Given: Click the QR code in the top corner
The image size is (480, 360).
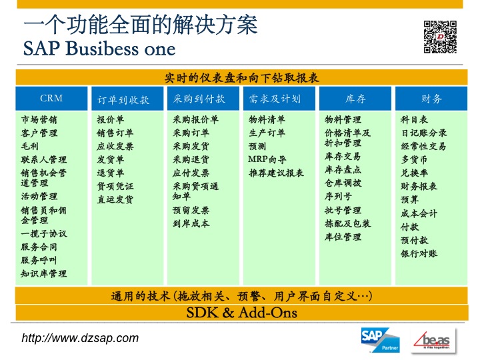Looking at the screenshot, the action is [x=440, y=37].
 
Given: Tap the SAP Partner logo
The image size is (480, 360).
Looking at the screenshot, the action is [x=381, y=340].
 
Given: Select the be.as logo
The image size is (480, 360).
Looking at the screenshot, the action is [x=433, y=341].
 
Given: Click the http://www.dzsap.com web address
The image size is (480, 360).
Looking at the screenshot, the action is [x=80, y=338].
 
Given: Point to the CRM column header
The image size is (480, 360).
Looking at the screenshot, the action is [x=51, y=98].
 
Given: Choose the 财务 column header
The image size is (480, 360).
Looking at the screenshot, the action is [x=431, y=99].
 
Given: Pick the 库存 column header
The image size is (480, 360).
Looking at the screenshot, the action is [x=355, y=99].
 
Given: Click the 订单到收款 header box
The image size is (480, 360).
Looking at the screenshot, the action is [x=127, y=99].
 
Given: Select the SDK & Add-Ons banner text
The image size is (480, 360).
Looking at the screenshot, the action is [x=242, y=313].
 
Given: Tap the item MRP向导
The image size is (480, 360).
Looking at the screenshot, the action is [x=267, y=159].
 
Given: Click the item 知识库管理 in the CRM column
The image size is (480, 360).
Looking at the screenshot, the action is [x=44, y=273].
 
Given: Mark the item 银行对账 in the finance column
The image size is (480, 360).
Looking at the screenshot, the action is [x=419, y=253].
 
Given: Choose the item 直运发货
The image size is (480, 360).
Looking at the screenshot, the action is [x=115, y=199].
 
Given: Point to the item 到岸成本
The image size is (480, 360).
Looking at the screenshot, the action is [x=191, y=223].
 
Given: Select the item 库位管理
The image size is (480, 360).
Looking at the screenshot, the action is [x=343, y=237].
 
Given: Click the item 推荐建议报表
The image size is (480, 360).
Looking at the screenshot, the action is [x=276, y=173].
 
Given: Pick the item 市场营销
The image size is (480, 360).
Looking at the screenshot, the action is [x=39, y=119].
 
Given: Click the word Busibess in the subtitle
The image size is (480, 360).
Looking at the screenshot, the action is [x=102, y=49].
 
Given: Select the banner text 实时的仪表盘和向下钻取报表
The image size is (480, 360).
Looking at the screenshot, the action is [x=242, y=78].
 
